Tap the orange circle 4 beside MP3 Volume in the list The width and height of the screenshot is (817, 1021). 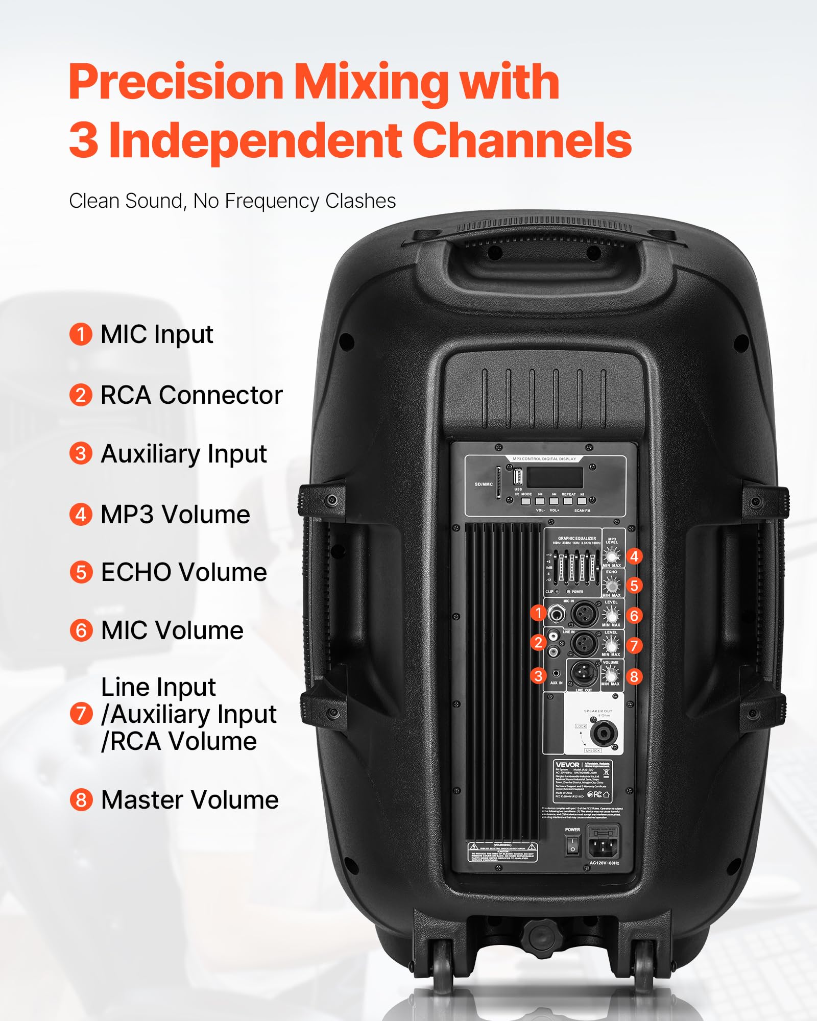81,515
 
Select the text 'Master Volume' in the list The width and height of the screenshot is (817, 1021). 189,800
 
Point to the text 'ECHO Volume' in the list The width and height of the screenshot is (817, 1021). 184,572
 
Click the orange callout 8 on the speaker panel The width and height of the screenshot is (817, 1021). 634,676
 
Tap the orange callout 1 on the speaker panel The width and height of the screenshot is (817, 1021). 538,613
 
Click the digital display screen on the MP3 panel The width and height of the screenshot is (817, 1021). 555,477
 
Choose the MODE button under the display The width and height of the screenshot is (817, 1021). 526,501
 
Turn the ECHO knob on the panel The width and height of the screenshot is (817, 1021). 611,585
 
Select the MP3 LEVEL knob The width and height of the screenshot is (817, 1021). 611,555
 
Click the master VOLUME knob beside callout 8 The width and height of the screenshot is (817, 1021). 610,674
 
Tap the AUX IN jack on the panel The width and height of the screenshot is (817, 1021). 556,674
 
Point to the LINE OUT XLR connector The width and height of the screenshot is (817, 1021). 583,673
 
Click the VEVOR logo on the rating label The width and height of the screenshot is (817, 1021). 567,765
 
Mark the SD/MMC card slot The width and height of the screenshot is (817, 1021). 499,482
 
